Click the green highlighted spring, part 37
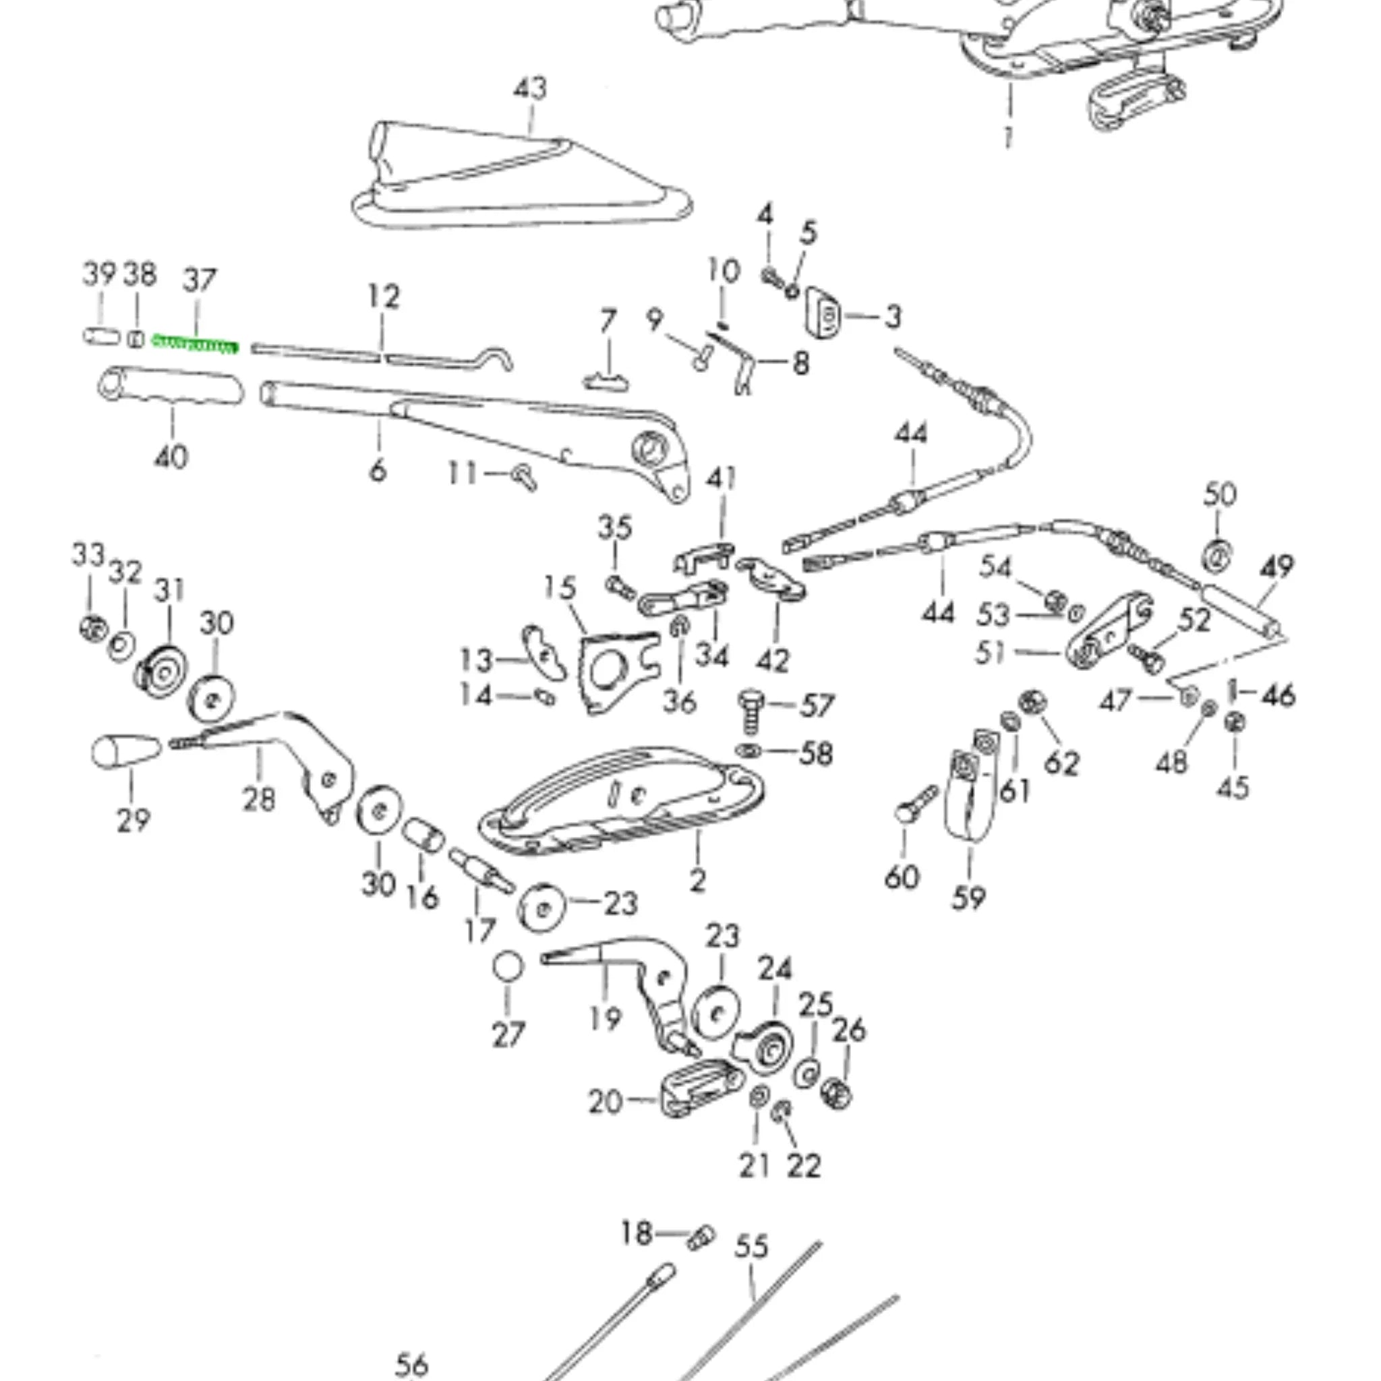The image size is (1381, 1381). click(194, 345)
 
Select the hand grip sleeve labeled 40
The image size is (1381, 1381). click(170, 386)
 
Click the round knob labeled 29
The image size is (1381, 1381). click(126, 751)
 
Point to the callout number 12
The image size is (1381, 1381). click(384, 297)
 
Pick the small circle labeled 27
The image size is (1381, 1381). click(508, 968)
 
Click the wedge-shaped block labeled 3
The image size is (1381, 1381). click(824, 312)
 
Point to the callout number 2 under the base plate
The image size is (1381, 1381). click(698, 881)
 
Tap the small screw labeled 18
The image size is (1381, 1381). click(701, 1237)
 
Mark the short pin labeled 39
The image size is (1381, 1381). click(102, 335)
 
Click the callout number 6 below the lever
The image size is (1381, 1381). click(378, 471)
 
